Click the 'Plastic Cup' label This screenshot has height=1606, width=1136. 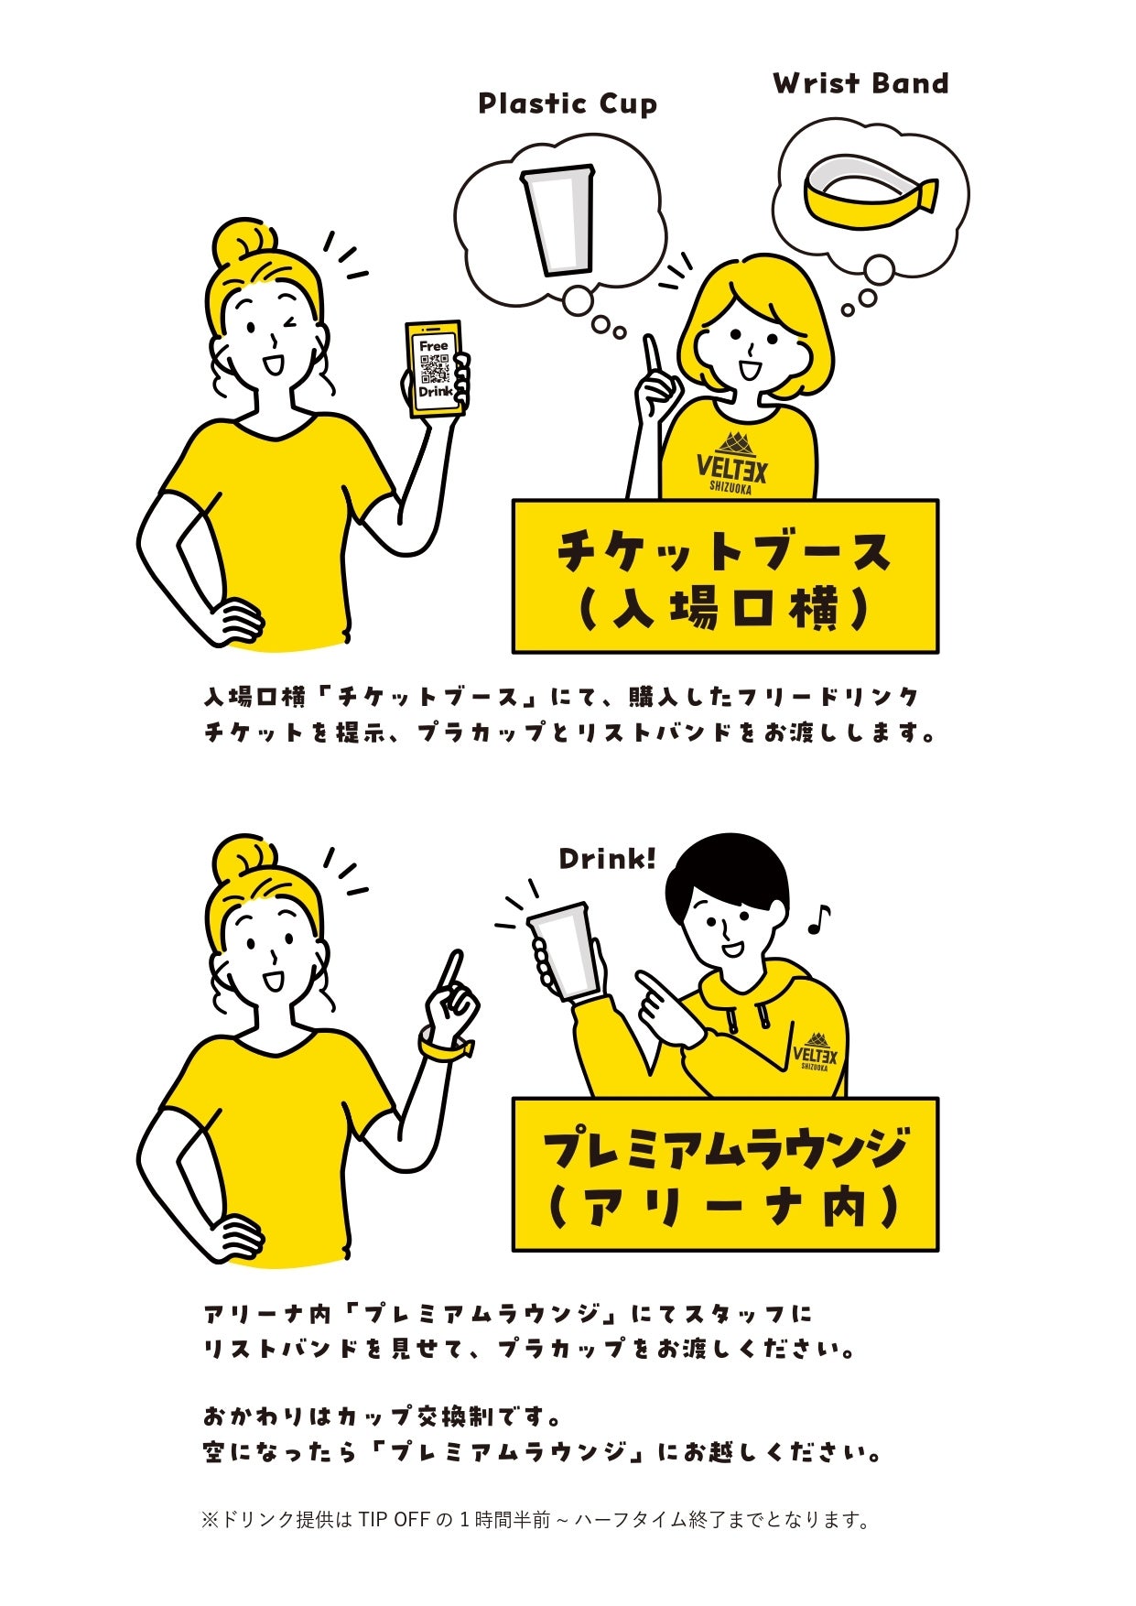568,103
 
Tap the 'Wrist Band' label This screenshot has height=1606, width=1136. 860,83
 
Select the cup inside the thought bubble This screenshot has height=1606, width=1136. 557,220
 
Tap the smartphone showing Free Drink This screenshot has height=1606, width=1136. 436,369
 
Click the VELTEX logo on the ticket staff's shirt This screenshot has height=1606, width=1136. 732,461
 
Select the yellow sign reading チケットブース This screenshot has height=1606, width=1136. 725,576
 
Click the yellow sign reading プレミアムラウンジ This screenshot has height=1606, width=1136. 725,1174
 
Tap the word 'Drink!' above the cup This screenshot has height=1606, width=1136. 607,859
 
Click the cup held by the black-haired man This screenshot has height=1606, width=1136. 564,951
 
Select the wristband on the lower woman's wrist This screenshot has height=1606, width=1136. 446,1046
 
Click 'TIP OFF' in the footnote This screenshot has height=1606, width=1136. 394,1520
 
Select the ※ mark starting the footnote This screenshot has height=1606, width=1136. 211,1520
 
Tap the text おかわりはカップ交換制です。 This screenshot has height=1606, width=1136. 382,1416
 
